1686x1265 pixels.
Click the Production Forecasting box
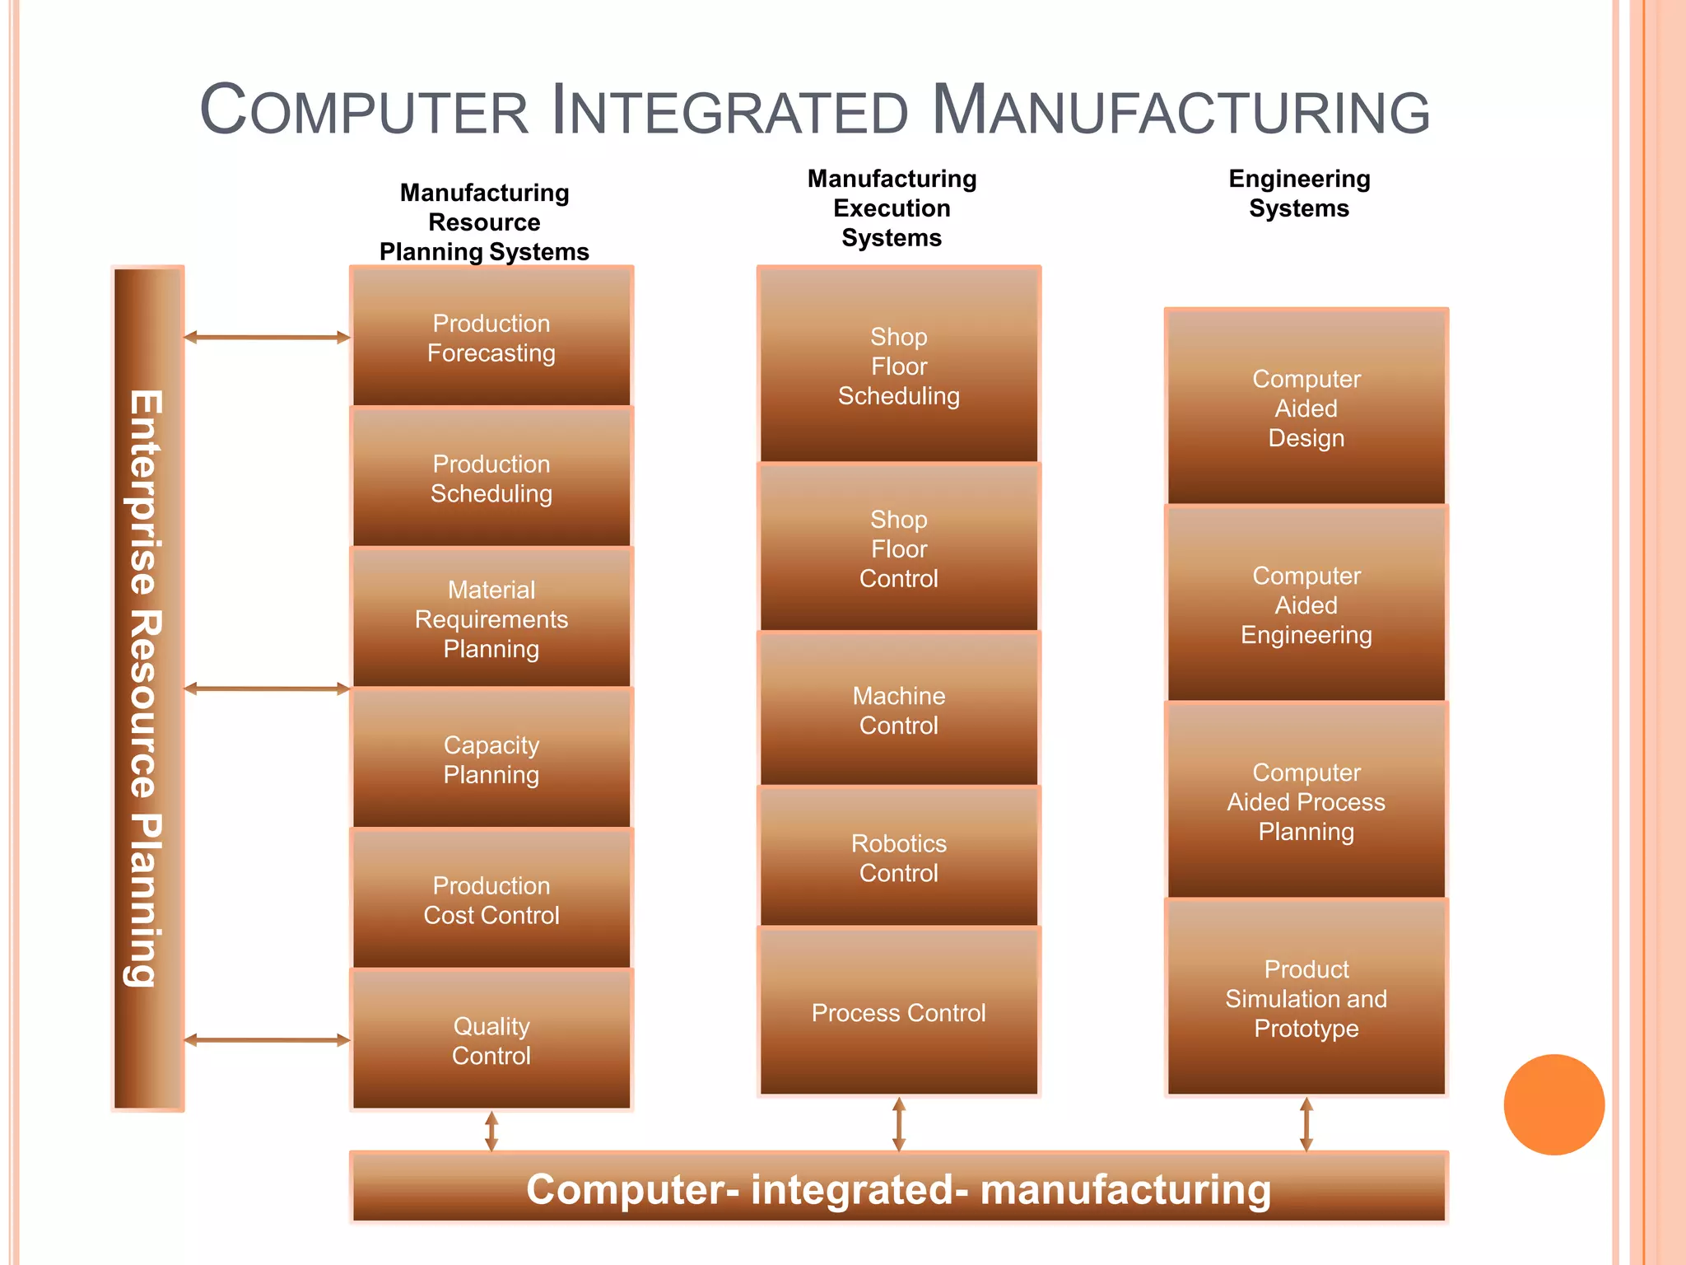coord(491,338)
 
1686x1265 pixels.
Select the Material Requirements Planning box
coord(491,618)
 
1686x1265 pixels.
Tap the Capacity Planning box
coord(491,759)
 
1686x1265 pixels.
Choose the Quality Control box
coord(491,1040)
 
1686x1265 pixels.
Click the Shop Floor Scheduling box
coord(898,366)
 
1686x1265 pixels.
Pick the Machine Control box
coord(898,710)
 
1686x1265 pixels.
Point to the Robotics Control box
coord(898,857)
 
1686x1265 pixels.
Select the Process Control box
coord(898,1012)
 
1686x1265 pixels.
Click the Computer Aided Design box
coord(1306,408)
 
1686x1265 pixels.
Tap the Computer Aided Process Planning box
coord(1306,801)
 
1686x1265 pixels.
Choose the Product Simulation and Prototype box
coord(1306,998)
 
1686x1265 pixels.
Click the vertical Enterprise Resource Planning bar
coord(148,689)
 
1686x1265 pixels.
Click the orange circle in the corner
coord(1553,1104)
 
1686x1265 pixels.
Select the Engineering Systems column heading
coord(1299,194)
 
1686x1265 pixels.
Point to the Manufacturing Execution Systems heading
coord(892,208)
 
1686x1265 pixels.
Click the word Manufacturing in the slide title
coord(1181,112)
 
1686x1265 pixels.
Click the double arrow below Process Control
coord(898,1123)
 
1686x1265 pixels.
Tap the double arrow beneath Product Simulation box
coord(1306,1123)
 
